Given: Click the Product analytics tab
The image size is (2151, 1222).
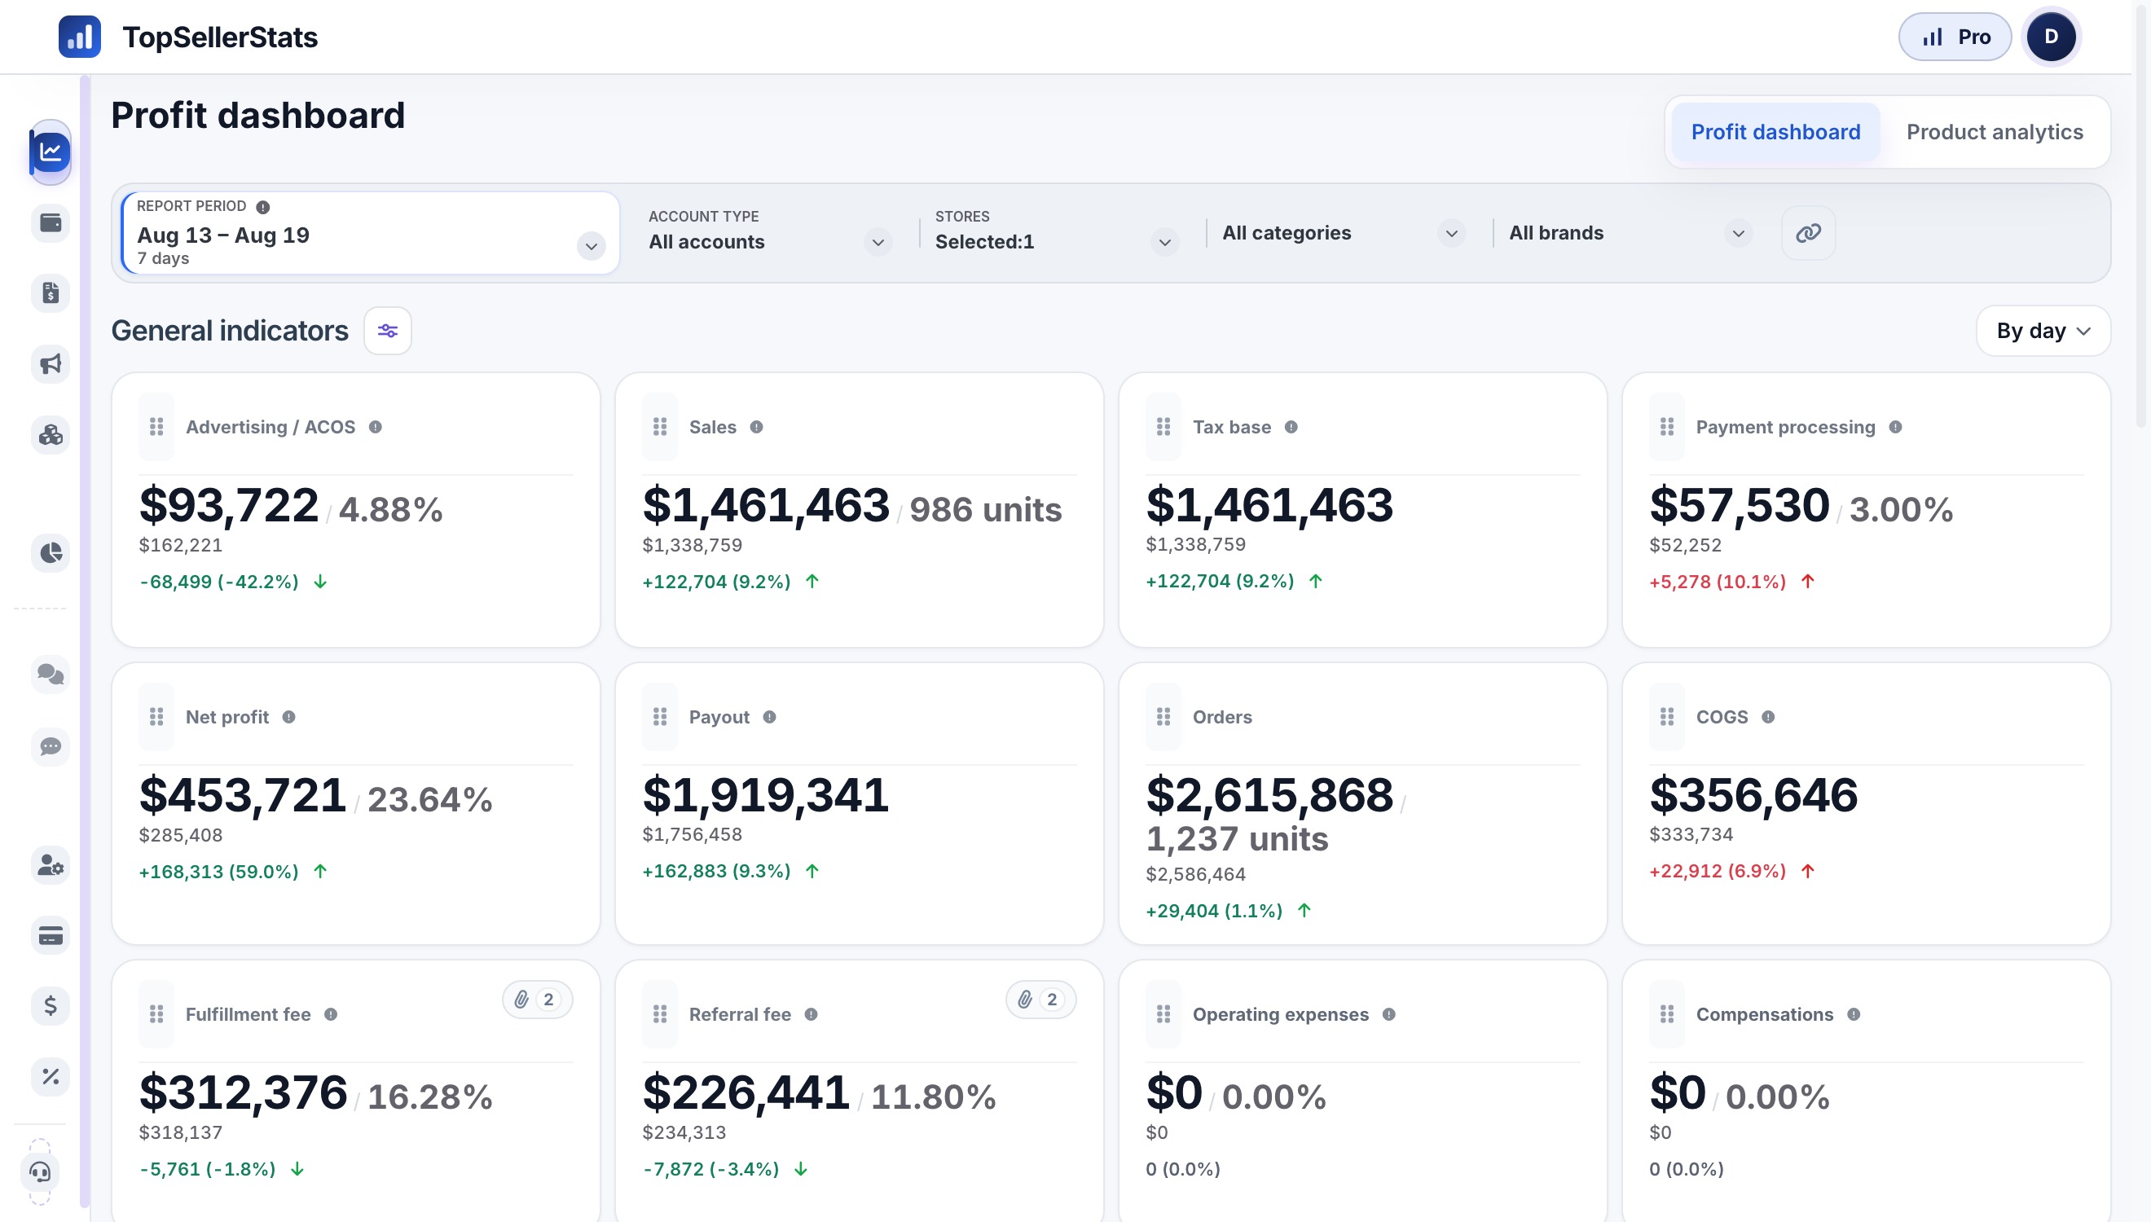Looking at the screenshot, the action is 1994,132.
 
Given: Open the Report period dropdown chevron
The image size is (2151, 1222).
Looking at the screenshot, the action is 592,246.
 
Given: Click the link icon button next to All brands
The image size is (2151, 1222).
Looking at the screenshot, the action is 1808,232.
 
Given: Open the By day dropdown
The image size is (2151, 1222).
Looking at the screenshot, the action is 2043,331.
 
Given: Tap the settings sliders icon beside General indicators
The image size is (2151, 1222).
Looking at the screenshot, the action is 388,331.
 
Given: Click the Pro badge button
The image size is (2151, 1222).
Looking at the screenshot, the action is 1955,37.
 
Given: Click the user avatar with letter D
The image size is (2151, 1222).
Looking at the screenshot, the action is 2050,37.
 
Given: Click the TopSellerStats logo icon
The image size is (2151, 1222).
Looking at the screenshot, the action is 80,37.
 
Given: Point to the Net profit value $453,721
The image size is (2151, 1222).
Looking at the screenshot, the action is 243,795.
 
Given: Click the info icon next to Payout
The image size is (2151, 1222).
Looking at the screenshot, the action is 770,717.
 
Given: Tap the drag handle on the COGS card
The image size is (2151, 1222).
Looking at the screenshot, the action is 1667,717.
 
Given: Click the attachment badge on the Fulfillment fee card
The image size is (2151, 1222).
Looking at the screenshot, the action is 537,1000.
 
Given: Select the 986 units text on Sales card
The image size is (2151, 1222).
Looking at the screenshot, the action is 985,509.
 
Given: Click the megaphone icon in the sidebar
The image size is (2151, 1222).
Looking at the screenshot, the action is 51,364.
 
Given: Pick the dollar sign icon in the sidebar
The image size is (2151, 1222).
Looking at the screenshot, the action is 51,1005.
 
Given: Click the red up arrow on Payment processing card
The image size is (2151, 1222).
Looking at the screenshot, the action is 1808,582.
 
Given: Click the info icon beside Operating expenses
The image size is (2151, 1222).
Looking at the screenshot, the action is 1389,1014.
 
